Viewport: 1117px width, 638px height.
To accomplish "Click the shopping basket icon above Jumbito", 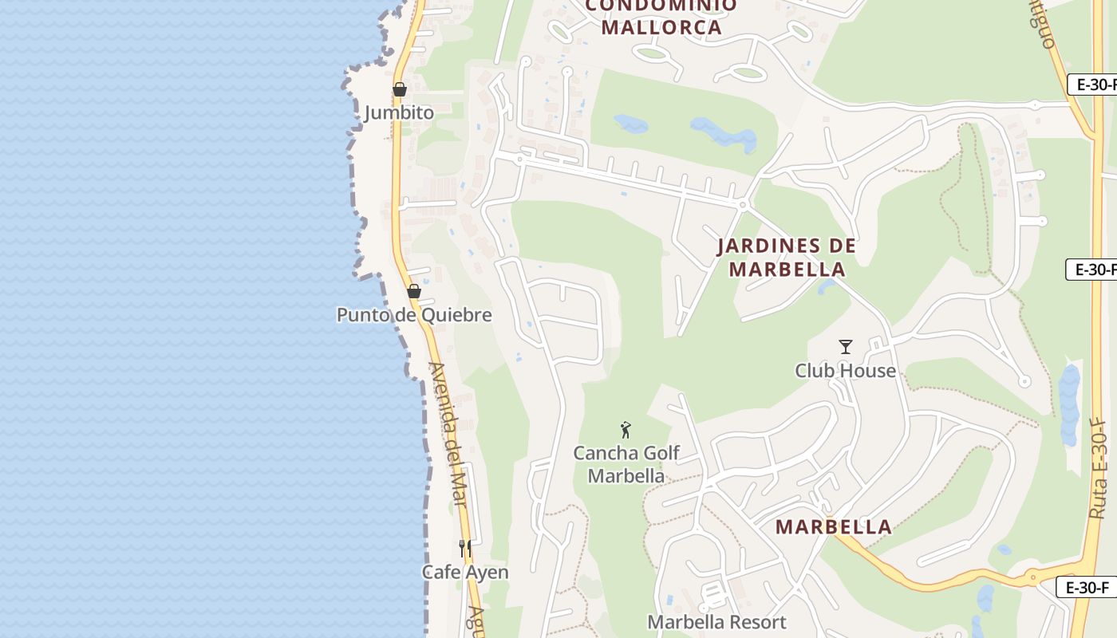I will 400,89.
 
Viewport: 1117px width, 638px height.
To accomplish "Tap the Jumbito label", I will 400,112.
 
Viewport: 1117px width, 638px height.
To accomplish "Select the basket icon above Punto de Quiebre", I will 413,291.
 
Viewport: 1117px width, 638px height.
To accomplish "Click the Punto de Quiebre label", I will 414,315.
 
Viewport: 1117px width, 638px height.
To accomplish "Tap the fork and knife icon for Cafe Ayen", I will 465,549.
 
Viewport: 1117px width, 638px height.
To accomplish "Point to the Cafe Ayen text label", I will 465,573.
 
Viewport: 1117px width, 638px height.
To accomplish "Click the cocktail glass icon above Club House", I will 846,347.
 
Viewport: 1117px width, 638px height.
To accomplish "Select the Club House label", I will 846,371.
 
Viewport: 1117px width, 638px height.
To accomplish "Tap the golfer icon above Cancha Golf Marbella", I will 626,430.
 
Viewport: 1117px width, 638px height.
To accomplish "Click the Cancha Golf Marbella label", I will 626,464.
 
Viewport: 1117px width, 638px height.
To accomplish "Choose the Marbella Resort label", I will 716,622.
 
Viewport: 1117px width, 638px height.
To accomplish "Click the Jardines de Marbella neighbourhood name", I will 787,257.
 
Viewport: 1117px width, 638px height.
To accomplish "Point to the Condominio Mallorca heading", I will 661,16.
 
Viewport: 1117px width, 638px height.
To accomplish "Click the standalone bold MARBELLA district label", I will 834,526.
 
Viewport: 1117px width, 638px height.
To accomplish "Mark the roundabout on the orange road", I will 1032,577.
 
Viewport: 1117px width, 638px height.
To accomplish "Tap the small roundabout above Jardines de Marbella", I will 743,205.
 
